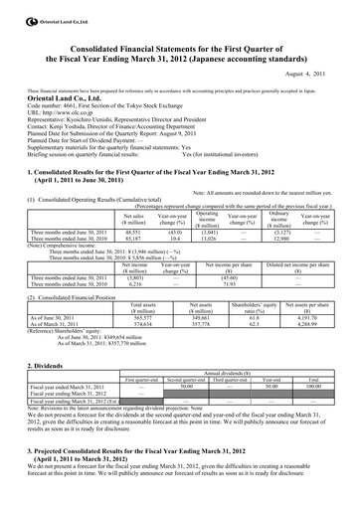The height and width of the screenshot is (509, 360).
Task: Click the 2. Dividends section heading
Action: pos(46,365)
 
